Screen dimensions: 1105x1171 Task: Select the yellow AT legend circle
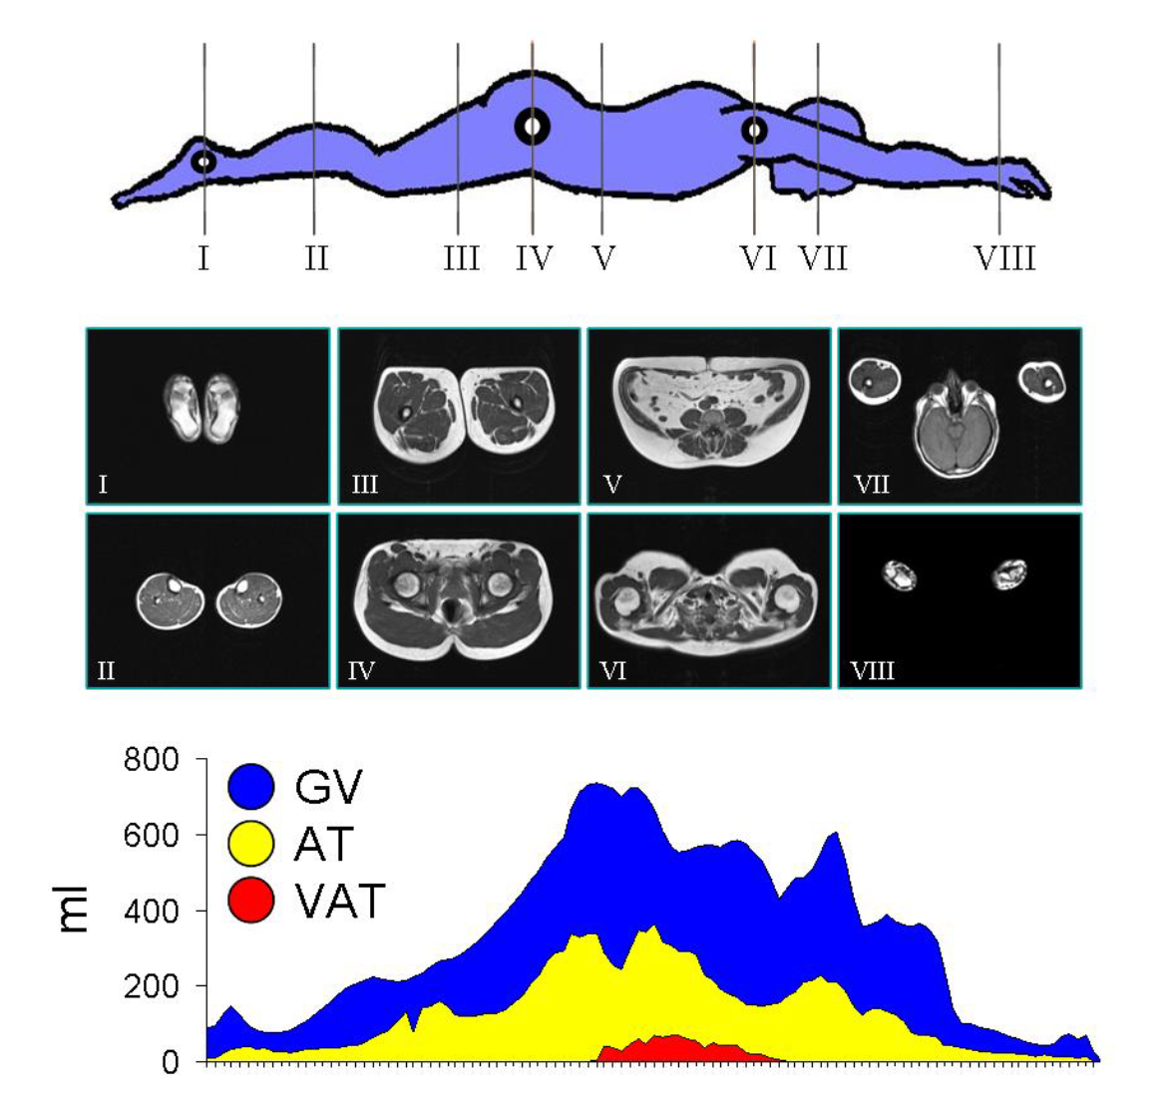click(x=250, y=844)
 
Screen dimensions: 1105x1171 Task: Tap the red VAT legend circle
click(x=250, y=901)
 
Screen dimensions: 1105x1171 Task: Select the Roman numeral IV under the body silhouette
click(x=535, y=259)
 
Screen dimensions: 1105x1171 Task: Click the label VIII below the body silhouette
click(x=1004, y=259)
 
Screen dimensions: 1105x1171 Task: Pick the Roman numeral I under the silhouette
click(x=203, y=259)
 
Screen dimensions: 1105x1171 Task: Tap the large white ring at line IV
click(x=532, y=127)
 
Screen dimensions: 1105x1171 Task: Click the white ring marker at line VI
click(x=754, y=130)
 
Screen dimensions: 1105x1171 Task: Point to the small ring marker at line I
click(x=203, y=161)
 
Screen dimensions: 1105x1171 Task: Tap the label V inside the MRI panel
click(x=612, y=487)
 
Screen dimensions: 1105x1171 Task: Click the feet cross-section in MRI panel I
click(x=207, y=408)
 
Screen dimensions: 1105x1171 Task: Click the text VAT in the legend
click(x=339, y=902)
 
